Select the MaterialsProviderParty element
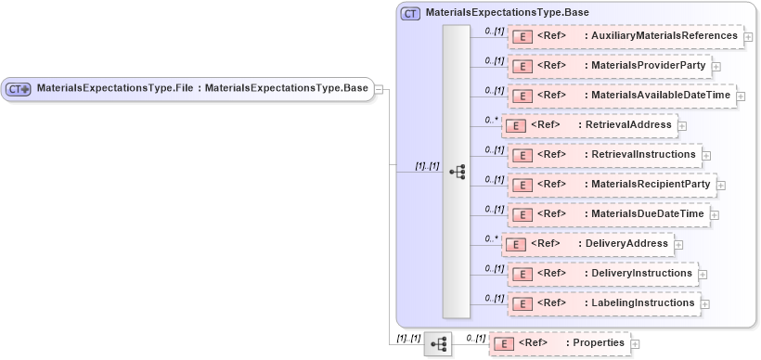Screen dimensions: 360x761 646,66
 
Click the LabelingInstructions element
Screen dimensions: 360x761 639,302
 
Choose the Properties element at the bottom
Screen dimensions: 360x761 598,342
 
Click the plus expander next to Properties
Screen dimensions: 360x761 636,344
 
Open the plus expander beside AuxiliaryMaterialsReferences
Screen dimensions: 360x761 748,37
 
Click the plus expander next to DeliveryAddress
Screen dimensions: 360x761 678,245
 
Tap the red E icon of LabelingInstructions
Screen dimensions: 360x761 522,303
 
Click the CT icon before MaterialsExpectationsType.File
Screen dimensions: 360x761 19,89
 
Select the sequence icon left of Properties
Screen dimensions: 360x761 438,344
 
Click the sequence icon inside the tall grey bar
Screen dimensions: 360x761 457,172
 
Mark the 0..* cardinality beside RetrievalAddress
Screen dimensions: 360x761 491,120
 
